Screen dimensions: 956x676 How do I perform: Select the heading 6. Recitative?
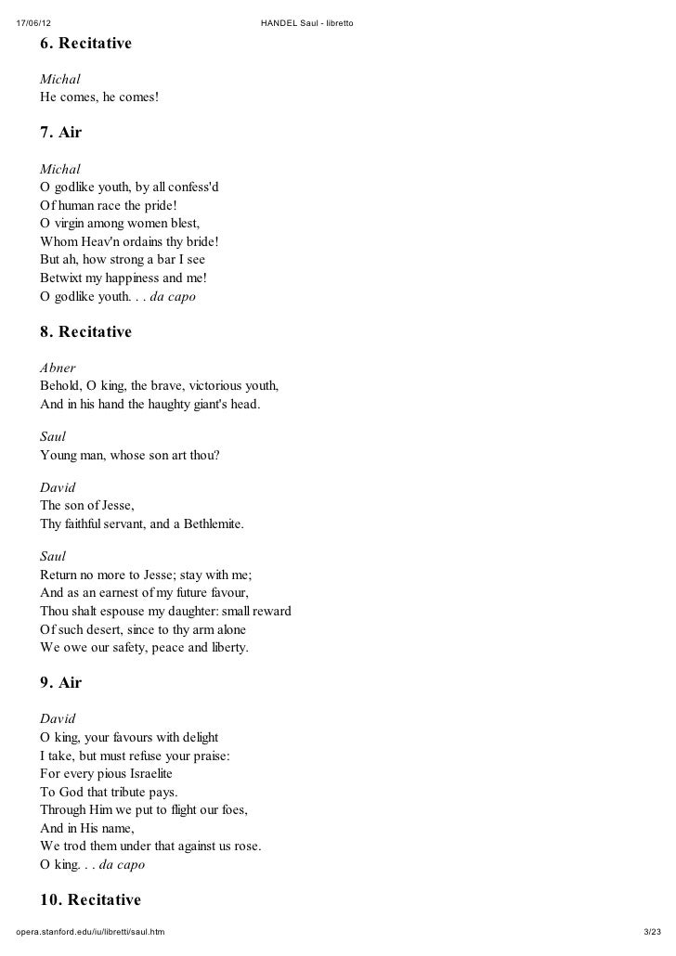(x=85, y=44)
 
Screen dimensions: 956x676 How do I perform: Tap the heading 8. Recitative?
(x=85, y=331)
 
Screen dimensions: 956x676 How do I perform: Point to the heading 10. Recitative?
(x=90, y=899)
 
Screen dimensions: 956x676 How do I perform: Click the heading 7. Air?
(x=60, y=133)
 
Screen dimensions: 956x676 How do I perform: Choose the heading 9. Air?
(x=60, y=682)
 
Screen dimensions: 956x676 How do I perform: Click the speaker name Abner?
(x=58, y=368)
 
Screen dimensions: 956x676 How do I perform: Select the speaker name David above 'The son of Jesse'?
(x=58, y=487)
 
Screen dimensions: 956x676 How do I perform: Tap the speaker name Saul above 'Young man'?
(x=53, y=434)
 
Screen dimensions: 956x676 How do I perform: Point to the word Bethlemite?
(x=210, y=524)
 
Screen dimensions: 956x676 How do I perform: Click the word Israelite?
(x=144, y=774)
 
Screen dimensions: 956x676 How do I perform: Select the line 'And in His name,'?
(x=87, y=828)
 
